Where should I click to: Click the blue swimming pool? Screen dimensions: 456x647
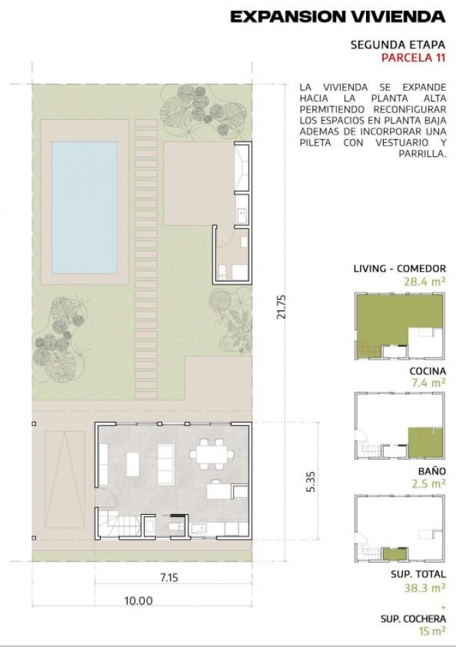click(85, 208)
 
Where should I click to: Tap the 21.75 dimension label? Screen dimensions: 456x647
click(282, 306)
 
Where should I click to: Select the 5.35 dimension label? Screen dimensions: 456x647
click(311, 481)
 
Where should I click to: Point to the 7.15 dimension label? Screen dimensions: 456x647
click(169, 577)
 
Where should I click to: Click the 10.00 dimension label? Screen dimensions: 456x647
click(138, 601)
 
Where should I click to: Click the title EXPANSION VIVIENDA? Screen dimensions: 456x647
click(338, 17)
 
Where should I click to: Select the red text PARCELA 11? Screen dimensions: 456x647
click(414, 57)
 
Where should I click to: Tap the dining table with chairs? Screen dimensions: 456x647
click(211, 454)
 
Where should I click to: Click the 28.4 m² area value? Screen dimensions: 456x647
click(425, 282)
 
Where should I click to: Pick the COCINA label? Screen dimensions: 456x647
click(427, 371)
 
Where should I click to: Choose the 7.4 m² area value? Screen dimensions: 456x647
click(429, 383)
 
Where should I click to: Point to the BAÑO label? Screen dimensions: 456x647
click(431, 471)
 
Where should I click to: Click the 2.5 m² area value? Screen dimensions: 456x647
click(429, 483)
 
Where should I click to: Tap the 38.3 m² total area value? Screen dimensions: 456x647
click(425, 588)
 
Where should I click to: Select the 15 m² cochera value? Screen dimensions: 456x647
click(432, 631)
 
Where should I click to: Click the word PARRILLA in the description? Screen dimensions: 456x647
click(423, 154)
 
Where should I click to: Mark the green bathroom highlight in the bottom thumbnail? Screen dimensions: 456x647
click(395, 554)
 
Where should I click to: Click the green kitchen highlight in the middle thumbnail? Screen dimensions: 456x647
click(425, 442)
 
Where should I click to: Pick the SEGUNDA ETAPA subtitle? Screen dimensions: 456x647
click(398, 44)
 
